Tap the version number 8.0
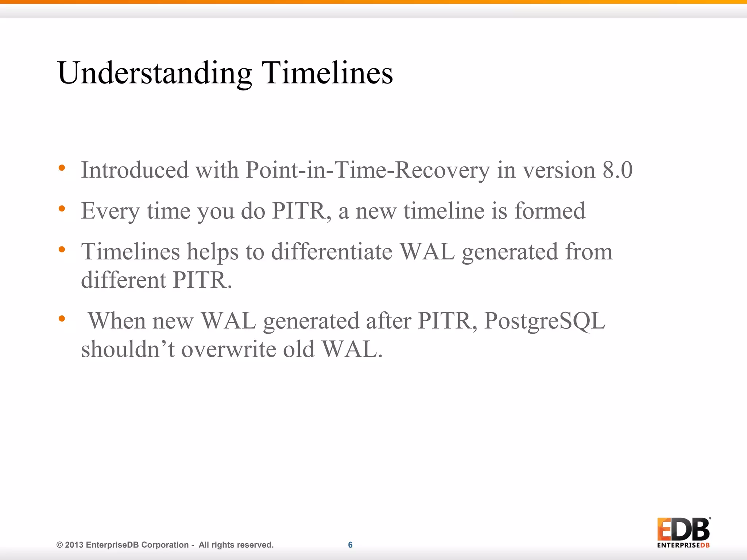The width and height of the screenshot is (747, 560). (x=617, y=170)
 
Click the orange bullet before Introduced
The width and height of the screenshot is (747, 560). (x=62, y=168)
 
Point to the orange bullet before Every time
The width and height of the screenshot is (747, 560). (x=62, y=209)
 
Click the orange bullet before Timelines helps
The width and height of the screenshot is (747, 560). (x=62, y=250)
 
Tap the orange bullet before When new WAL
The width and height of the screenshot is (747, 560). (x=62, y=319)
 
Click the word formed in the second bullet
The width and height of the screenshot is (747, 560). (x=550, y=211)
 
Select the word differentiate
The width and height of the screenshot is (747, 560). (x=332, y=252)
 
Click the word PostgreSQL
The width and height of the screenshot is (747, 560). (x=544, y=321)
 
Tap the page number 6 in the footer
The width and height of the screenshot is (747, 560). (x=350, y=545)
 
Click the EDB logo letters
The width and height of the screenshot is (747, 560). (x=683, y=529)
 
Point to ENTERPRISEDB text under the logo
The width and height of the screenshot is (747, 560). (x=683, y=545)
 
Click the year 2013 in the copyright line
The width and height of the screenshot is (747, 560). (x=74, y=545)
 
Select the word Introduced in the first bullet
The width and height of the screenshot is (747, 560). (x=135, y=170)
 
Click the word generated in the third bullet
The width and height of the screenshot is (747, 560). (x=510, y=252)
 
